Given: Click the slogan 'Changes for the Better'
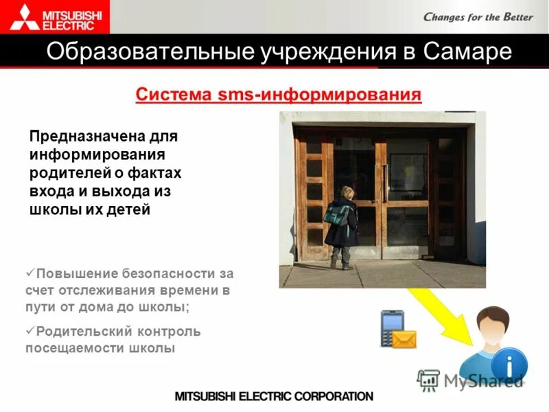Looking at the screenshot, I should click(x=478, y=16).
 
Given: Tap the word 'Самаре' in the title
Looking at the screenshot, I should click(x=467, y=52).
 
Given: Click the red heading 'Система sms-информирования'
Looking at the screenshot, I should click(x=278, y=94).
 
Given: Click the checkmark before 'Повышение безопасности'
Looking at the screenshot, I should click(x=30, y=272).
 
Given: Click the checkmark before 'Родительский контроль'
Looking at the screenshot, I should click(x=30, y=331).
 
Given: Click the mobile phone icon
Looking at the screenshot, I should click(x=390, y=327).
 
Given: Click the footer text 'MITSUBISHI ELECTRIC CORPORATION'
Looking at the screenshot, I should click(x=274, y=396).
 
